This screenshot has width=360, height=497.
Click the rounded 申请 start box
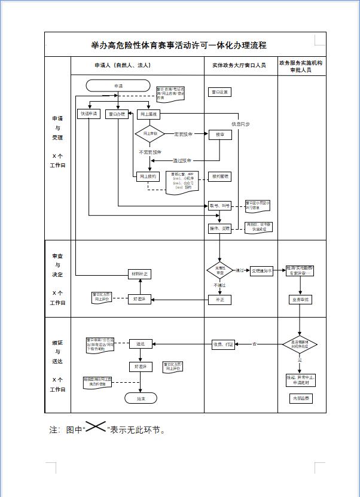click(x=118, y=86)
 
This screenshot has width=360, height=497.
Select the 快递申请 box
click(x=89, y=114)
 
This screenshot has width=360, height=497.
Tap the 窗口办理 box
click(x=117, y=114)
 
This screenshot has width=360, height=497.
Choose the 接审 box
click(x=219, y=135)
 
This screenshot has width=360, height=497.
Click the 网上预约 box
click(x=148, y=176)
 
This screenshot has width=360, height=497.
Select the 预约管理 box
click(x=219, y=176)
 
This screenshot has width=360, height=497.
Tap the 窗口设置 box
click(x=219, y=92)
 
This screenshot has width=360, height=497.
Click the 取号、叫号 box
click(x=219, y=206)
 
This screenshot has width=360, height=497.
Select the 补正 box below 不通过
click(x=219, y=300)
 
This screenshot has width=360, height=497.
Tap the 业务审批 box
click(x=301, y=300)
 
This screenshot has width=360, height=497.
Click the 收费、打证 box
click(x=223, y=344)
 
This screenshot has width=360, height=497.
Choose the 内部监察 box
click(x=301, y=398)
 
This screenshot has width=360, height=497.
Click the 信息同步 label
click(x=241, y=124)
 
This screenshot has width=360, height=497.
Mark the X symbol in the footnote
click(x=96, y=427)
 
